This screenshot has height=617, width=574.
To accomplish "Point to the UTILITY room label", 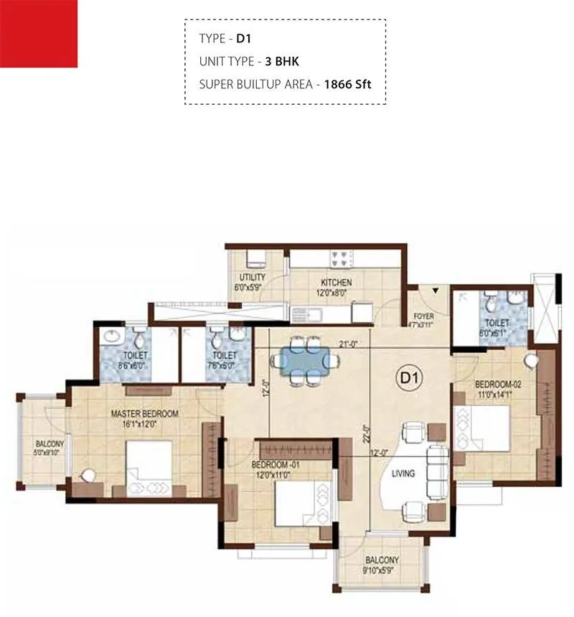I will click(252, 278).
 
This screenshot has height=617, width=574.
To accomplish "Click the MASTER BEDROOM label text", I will click(144, 414).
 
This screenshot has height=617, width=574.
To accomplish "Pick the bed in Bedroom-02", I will click(482, 429).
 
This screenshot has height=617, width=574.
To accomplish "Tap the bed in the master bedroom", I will click(148, 467).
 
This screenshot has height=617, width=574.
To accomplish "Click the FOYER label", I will click(424, 316).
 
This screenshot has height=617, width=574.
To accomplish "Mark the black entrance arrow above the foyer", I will click(435, 291).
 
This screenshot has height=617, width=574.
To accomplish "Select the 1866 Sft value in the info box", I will click(347, 84).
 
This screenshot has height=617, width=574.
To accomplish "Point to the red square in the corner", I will click(39, 34).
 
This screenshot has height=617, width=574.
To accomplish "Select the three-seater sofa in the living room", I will click(438, 471).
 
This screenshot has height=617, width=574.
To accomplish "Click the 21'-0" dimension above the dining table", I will click(349, 344).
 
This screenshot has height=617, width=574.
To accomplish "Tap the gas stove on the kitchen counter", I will click(341, 255).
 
